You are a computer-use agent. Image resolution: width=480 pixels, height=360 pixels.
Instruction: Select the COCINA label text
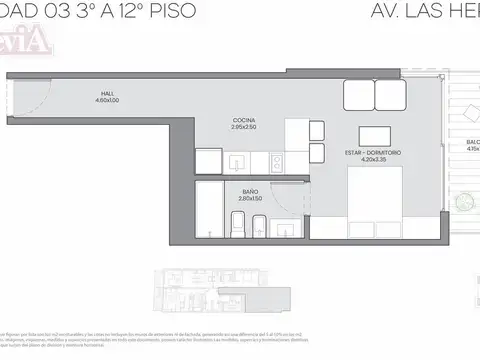[243, 120]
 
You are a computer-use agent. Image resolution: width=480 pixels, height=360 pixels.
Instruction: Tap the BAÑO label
[249, 191]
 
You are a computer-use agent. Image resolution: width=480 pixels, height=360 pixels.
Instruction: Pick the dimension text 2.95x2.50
[243, 127]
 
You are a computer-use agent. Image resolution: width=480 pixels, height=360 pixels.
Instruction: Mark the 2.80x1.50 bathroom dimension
[249, 198]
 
